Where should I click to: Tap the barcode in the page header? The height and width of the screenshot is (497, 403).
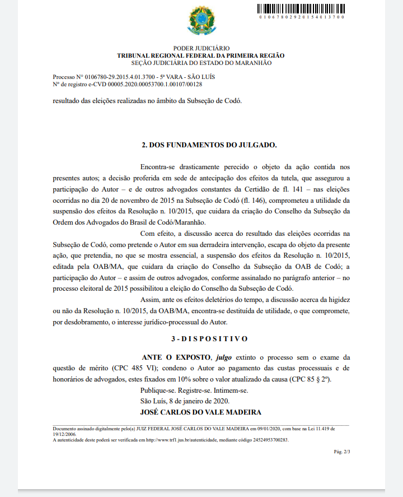pyautogui.click(x=301, y=9)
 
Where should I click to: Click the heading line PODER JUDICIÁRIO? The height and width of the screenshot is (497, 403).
pyautogui.click(x=201, y=49)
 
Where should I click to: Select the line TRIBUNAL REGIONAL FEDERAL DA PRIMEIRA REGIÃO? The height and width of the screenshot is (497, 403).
pyautogui.click(x=201, y=55)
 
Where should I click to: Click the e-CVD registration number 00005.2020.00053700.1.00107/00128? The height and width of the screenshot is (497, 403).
pyautogui.click(x=158, y=84)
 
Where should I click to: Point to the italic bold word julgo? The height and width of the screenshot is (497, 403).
pyautogui.click(x=223, y=357)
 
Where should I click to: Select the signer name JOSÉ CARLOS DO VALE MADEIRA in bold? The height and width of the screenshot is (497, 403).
pyautogui.click(x=201, y=412)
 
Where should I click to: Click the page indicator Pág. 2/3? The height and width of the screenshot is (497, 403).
pyautogui.click(x=341, y=451)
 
